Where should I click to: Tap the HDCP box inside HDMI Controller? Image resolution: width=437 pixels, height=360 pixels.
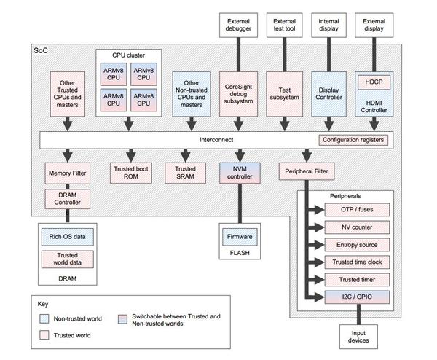pos(373,82)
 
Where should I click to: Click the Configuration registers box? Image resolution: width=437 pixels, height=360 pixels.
pos(353,139)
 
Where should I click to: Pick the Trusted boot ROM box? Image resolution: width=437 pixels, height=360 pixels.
pos(131,172)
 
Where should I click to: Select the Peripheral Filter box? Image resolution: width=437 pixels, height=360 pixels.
pos(306,172)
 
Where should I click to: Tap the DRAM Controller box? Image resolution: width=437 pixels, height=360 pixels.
pos(67,198)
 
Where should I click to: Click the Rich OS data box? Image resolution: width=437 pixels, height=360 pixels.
pos(67,238)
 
